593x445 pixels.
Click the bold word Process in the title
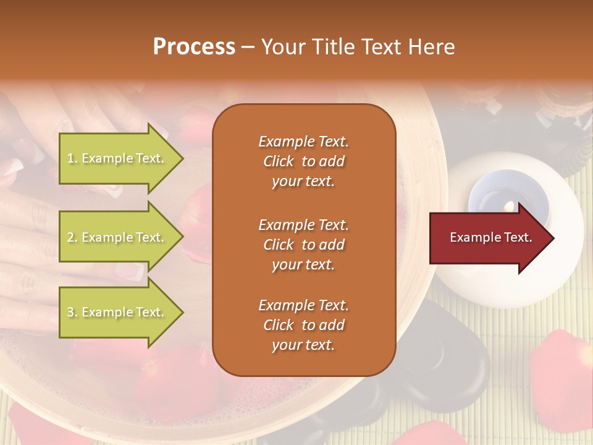tap(194, 47)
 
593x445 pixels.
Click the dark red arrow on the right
tap(488, 238)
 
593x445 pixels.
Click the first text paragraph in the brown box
tap(303, 161)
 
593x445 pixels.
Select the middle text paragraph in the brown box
tap(303, 245)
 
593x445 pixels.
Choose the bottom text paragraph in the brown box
tap(303, 325)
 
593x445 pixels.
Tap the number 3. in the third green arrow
tap(72, 312)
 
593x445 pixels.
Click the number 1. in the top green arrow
tap(72, 158)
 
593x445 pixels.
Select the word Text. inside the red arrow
tap(518, 237)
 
